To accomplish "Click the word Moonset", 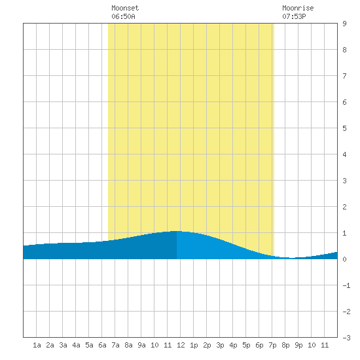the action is [x=125, y=8].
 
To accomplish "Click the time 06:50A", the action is [x=123, y=16].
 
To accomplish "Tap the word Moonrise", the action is [x=298, y=8].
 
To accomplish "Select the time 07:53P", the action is [x=294, y=16].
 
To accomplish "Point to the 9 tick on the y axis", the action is [x=344, y=24].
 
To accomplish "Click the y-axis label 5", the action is [x=344, y=128].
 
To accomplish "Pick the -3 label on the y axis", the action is [x=346, y=338].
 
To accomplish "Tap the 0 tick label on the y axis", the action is [x=344, y=259].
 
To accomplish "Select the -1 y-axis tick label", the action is [x=346, y=285].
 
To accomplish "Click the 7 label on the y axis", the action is [x=344, y=76].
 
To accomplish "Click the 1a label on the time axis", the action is [x=37, y=345].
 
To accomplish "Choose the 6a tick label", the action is [x=102, y=345].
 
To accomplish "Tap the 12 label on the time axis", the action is [x=181, y=345].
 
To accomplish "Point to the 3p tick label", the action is [x=220, y=345].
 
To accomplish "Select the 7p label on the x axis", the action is [x=272, y=345].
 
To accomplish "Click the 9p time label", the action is [x=298, y=345].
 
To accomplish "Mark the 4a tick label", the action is [x=76, y=345].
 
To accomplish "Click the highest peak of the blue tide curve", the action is [x=177, y=231].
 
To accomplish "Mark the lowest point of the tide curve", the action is [x=292, y=258].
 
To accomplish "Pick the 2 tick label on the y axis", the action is [x=344, y=207].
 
